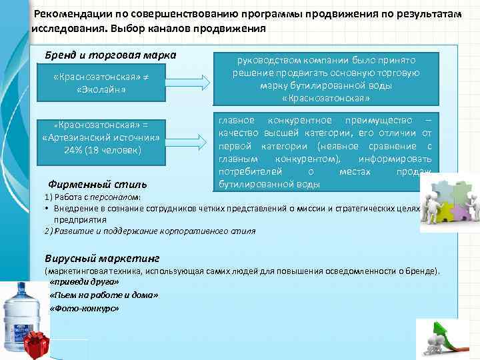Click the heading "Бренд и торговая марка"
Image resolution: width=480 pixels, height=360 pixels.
(x=110, y=54)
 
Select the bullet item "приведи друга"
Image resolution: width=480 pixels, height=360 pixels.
(x=80, y=282)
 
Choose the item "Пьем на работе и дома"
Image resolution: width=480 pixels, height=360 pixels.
(x=98, y=295)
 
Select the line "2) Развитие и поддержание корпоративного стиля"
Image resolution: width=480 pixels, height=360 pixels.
(x=149, y=231)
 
